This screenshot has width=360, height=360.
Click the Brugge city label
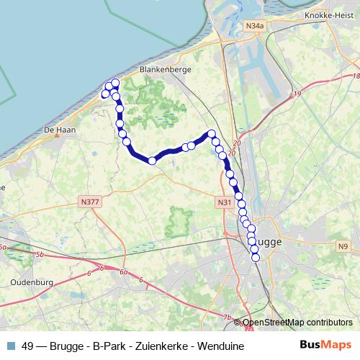pyautogui.click(x=273, y=242)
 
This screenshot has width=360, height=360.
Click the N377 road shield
pyautogui.click(x=91, y=202)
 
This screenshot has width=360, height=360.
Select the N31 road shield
pyautogui.click(x=225, y=204)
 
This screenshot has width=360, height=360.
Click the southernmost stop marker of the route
pyautogui.click(x=255, y=258)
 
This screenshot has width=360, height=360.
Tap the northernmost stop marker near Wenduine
pyautogui.click(x=115, y=84)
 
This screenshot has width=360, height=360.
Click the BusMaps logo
pyautogui.click(x=325, y=345)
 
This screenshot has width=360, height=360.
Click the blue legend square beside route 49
pyautogui.click(x=9, y=346)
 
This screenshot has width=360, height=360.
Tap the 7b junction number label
pyautogui.click(x=228, y=318)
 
